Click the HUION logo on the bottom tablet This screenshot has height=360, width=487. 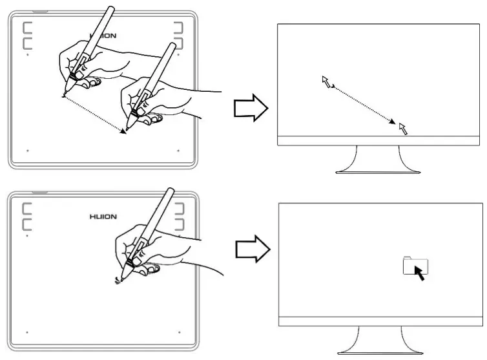tap(103, 217)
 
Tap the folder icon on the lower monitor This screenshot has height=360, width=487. tap(411, 265)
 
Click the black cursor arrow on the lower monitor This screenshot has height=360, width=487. tap(419, 272)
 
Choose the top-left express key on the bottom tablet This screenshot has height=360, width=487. tap(28, 209)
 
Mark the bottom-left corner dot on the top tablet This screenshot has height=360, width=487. tap(28, 151)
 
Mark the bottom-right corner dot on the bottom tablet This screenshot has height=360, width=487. tap(178, 332)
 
